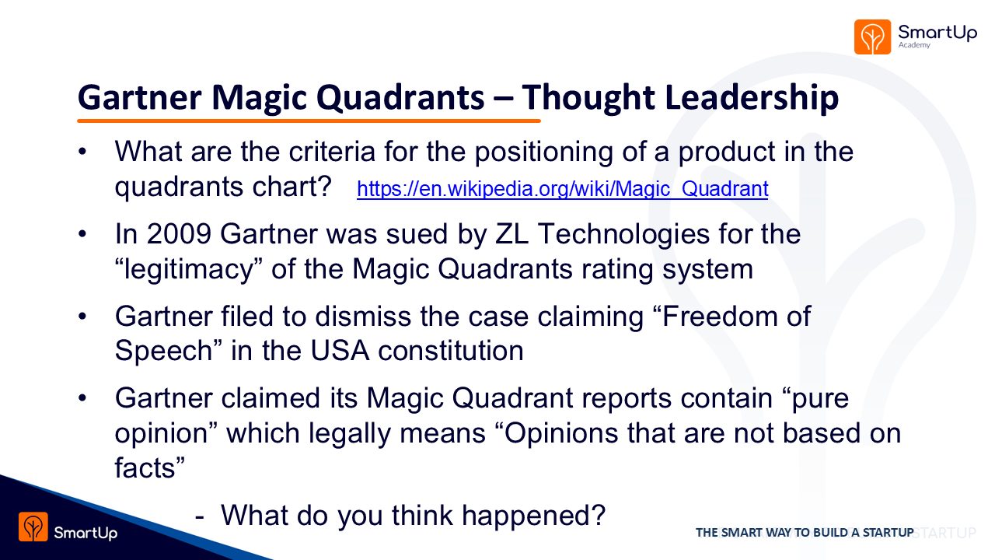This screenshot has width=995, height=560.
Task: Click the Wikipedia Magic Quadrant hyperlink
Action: pyautogui.click(x=562, y=189)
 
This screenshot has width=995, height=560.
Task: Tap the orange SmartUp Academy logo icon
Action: pyautogui.click(x=872, y=37)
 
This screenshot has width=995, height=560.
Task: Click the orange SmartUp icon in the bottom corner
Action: pyautogui.click(x=33, y=527)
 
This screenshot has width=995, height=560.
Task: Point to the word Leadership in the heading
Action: pyautogui.click(x=752, y=99)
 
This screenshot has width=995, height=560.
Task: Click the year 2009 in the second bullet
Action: pyautogui.click(x=179, y=234)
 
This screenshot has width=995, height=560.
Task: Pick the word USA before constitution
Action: pyautogui.click(x=340, y=351)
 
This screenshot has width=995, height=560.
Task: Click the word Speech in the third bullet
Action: pyautogui.click(x=163, y=352)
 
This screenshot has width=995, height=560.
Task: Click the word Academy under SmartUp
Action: pyautogui.click(x=914, y=45)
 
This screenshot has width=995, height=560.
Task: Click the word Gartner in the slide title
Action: pyautogui.click(x=140, y=98)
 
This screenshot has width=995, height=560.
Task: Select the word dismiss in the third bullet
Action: pyautogui.click(x=363, y=317)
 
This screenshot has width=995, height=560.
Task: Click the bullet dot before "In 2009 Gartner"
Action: pyautogui.click(x=82, y=234)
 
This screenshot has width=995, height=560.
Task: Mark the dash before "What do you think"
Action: pyautogui.click(x=200, y=517)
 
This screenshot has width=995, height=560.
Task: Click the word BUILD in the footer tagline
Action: pyautogui.click(x=829, y=533)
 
